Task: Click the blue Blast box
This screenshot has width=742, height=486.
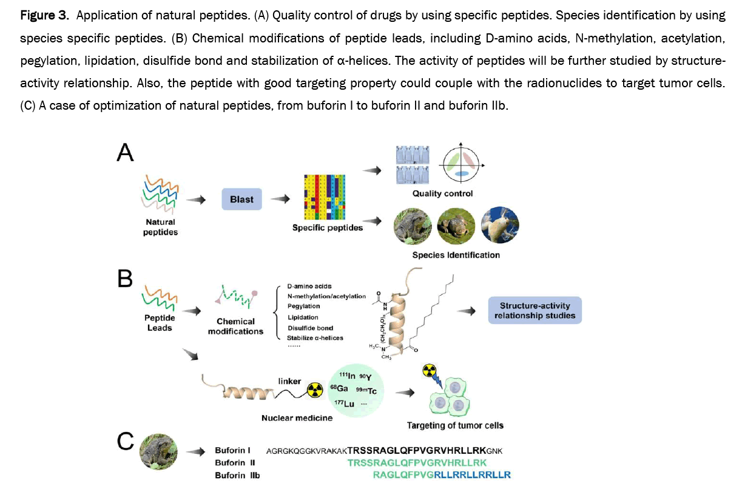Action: [241, 199]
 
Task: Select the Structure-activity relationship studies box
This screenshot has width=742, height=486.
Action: [535, 311]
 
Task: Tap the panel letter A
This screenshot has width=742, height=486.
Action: [125, 151]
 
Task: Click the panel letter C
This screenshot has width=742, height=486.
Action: [125, 443]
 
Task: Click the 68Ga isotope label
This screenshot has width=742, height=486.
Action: [339, 388]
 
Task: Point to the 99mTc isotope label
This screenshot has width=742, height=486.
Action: [366, 391]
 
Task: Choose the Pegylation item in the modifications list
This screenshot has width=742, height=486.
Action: [304, 307]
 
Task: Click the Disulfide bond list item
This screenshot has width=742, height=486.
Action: [310, 328]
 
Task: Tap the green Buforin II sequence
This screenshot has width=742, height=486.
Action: [417, 463]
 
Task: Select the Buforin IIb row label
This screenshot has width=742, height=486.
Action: [237, 476]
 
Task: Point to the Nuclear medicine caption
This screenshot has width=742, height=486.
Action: [297, 418]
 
